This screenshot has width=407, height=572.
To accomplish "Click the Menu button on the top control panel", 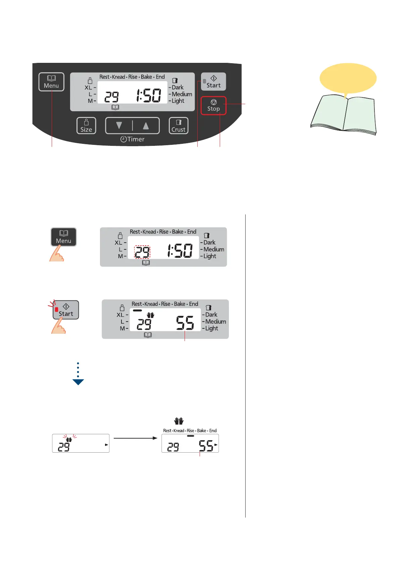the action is point(51,82).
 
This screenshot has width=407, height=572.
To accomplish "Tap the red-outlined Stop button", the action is point(213,106).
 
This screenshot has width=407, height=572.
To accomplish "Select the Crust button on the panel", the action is point(179,126).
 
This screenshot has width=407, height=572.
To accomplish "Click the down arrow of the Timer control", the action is point(119,126).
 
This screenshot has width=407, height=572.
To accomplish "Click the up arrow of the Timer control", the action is point(146,126).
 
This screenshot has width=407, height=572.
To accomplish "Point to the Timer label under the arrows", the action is point(133,139).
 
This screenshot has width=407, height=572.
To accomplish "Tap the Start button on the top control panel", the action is point(213,82).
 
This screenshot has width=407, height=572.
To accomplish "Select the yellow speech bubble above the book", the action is point(348,78).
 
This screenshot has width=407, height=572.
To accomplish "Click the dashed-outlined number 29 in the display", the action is point(142,252).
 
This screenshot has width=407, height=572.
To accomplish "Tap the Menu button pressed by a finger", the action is point(63,237).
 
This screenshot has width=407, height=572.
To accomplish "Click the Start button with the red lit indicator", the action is point(66,310).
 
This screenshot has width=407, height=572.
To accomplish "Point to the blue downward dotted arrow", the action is point(78,374).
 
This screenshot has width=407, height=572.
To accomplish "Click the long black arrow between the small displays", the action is point(135,438).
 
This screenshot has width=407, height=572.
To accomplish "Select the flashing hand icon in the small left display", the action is point(69,439).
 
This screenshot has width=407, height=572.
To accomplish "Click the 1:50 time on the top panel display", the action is point(148,96).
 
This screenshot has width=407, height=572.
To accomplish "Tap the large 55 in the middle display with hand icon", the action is point(185,323).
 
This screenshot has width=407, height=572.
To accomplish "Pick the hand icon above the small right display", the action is point(179,421).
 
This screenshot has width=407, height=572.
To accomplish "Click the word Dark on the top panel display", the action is point(177,87).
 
